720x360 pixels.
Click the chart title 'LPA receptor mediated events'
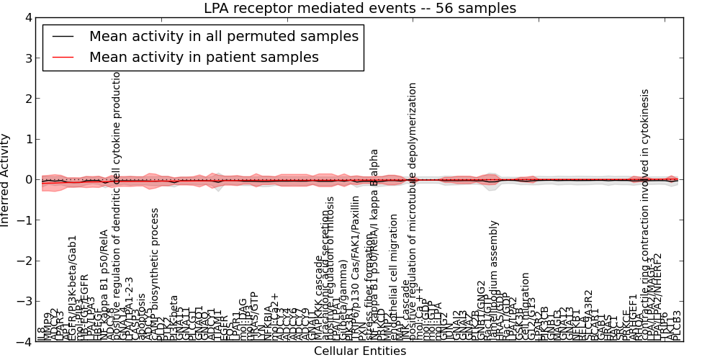coord(360,9)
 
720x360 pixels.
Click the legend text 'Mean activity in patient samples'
coord(204,57)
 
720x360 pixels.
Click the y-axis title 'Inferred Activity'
coord(6,180)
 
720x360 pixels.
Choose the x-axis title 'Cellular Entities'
coord(360,351)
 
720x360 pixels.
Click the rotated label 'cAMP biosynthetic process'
coord(155,274)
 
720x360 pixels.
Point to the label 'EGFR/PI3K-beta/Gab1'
coord(73,287)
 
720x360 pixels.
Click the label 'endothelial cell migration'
coord(394,277)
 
